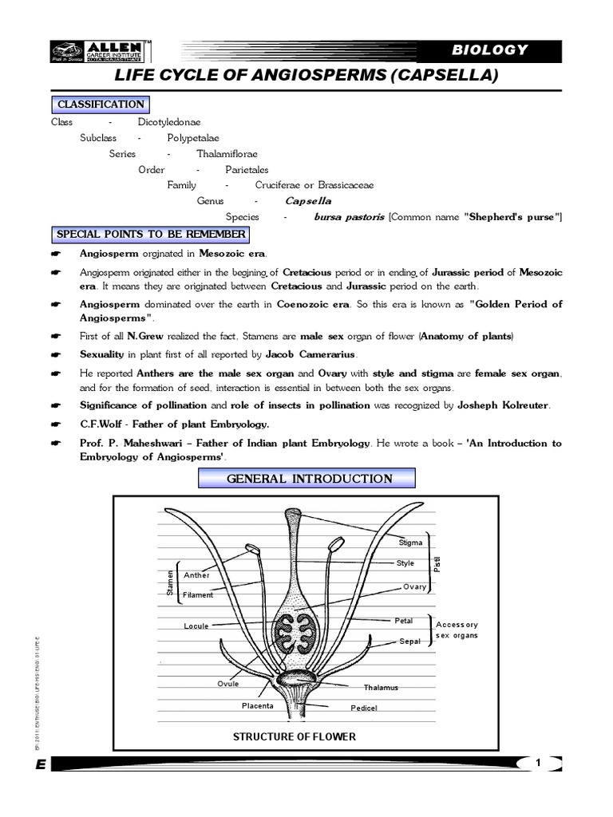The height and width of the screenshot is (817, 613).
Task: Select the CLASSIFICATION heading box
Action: [100, 105]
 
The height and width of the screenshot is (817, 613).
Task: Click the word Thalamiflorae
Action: [227, 154]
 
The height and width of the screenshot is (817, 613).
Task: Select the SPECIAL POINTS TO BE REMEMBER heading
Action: [150, 235]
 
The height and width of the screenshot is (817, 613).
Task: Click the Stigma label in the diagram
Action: [410, 543]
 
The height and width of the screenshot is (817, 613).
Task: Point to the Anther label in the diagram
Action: [196, 574]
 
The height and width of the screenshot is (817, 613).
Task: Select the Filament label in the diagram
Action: [198, 595]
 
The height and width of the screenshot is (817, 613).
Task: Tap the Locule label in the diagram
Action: [196, 626]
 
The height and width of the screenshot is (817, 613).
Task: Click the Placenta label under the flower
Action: [258, 705]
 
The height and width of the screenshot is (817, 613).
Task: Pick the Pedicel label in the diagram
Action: [363, 708]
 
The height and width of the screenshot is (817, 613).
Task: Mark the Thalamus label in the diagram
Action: [381, 687]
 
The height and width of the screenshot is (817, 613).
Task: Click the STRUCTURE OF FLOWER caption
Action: [294, 736]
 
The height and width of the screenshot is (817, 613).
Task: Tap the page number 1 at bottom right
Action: [539, 764]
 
